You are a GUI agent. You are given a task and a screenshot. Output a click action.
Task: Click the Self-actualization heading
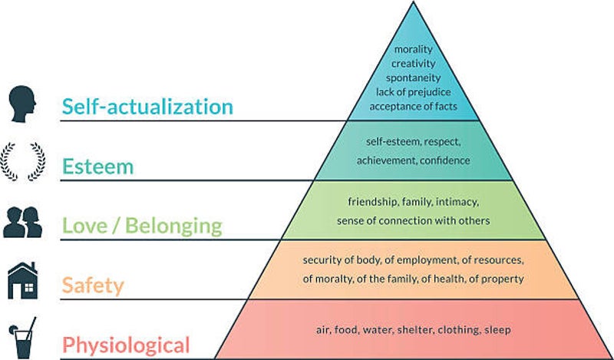tap(147, 106)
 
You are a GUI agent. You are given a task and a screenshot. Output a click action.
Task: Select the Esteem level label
tap(97, 166)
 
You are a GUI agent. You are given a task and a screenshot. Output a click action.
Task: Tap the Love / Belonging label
tap(142, 226)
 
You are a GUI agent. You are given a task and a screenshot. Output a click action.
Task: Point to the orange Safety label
tap(92, 286)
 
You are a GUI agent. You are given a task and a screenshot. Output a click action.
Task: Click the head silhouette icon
tap(21, 104)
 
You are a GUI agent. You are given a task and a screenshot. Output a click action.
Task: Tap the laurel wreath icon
tap(21, 161)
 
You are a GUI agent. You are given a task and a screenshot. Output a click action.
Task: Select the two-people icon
tap(22, 222)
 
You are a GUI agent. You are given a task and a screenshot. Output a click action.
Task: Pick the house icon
tap(22, 280)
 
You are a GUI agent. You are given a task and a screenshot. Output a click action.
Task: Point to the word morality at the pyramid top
tap(414, 50)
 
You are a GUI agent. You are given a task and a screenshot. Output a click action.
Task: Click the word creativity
tap(414, 64)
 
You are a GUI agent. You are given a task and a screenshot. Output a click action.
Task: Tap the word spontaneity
tap(414, 78)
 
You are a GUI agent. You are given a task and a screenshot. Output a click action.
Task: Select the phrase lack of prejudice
tap(414, 91)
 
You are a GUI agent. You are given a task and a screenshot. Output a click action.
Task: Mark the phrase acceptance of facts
tap(414, 105)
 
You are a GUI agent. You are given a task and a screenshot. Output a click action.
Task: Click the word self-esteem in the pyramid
tap(381, 142)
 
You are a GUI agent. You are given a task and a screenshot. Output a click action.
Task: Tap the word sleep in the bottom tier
tap(497, 330)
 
